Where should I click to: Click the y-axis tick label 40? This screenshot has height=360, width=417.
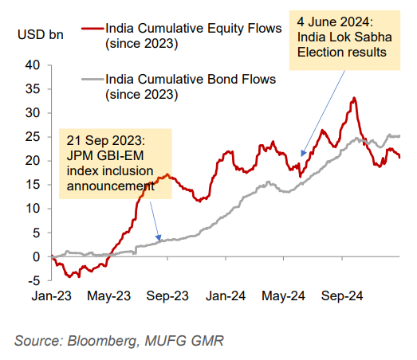click(33, 65)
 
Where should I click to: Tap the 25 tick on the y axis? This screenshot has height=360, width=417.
click(33, 136)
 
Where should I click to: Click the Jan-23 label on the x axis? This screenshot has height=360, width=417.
click(52, 295)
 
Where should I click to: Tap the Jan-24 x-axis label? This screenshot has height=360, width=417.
click(226, 295)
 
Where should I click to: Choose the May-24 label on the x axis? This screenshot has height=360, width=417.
click(285, 295)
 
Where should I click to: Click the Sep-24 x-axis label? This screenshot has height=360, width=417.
click(343, 295)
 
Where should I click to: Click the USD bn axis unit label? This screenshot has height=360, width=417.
click(37, 36)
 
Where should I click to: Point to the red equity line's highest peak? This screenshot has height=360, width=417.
click(352, 98)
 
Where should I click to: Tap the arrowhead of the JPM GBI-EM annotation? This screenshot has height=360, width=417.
click(158, 240)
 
